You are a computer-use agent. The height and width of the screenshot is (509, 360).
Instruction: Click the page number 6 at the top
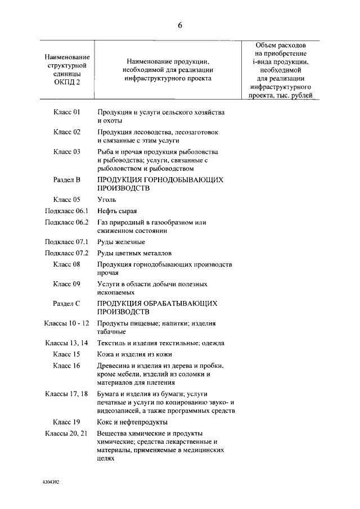(180, 24)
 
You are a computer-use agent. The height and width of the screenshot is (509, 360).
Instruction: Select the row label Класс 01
(67, 112)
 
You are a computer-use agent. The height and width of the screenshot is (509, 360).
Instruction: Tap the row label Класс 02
(67, 132)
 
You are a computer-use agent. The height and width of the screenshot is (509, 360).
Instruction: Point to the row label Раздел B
(67, 180)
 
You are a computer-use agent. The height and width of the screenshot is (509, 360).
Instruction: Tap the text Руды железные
(120, 242)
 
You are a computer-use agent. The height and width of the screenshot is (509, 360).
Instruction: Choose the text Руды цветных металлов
(134, 253)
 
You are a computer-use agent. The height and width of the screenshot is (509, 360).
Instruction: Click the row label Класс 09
(67, 284)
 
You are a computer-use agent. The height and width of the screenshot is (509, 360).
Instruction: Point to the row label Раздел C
(67, 304)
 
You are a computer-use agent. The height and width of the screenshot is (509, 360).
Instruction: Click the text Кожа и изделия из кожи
(134, 354)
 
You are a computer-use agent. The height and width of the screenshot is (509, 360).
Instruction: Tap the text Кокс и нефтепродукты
(132, 422)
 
